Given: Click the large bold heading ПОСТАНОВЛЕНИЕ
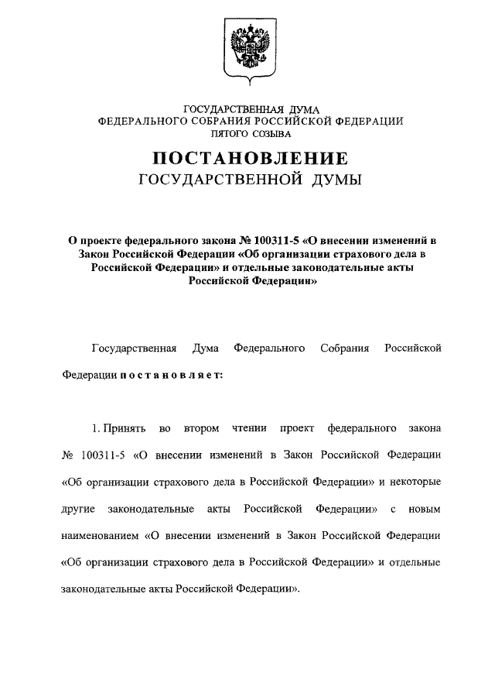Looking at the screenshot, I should pos(250,160).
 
